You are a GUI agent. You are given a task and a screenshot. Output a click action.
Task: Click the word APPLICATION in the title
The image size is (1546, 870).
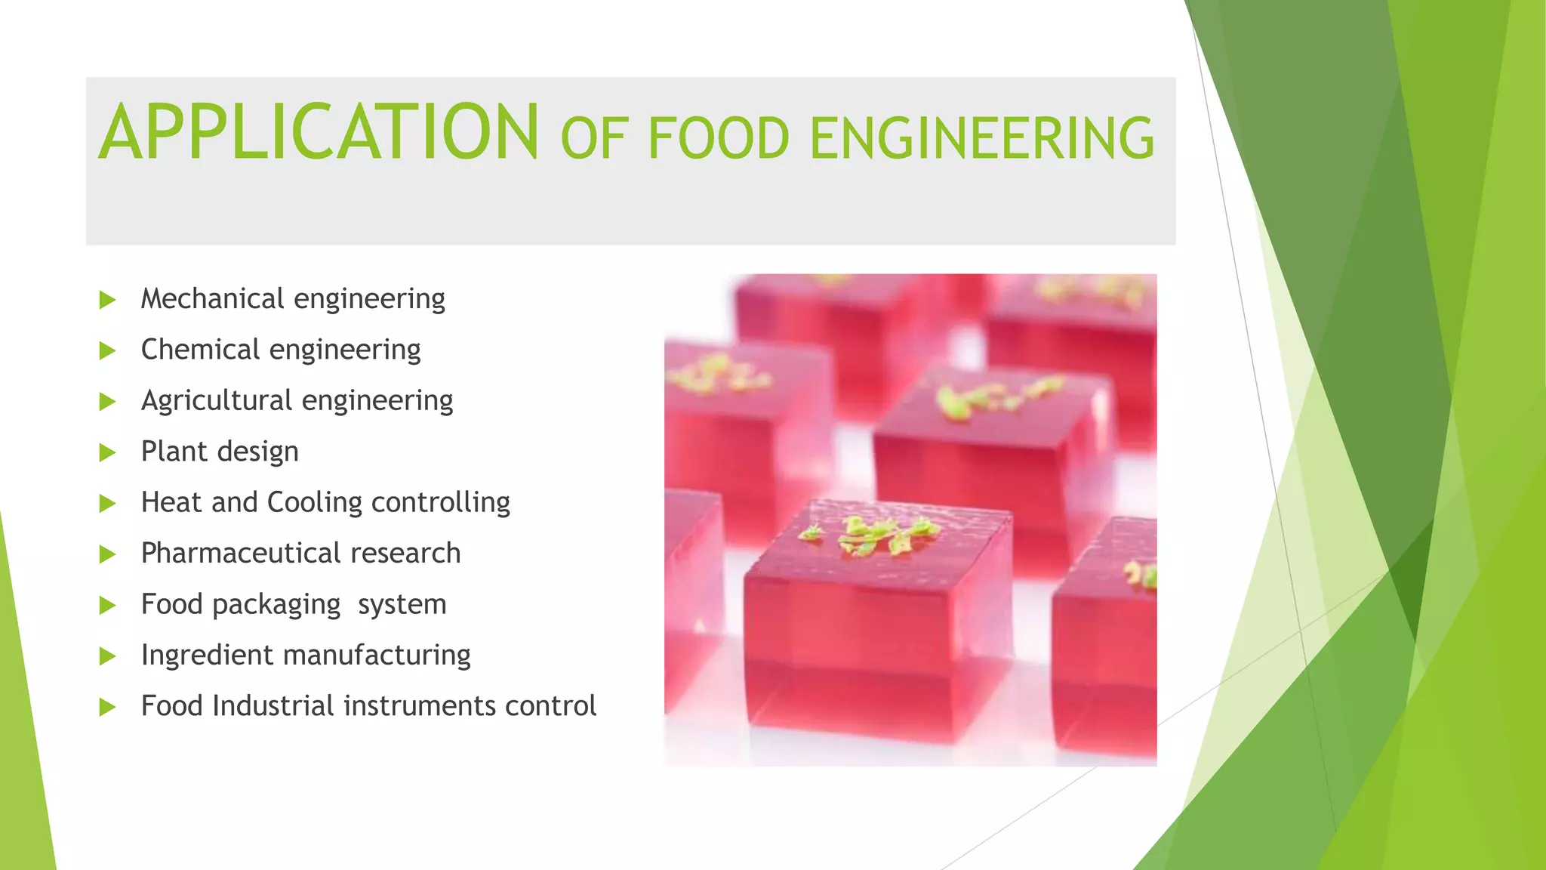pos(319,133)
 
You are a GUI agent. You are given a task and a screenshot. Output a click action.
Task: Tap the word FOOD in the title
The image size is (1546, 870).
pos(718,139)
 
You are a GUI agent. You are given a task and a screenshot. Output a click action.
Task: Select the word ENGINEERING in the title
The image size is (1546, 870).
pos(981,139)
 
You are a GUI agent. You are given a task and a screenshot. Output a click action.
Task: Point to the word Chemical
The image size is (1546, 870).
pos(200,350)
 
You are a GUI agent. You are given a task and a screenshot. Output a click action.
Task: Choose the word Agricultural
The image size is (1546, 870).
pos(216,400)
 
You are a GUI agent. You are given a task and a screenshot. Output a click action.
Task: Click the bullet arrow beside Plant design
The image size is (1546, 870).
pos(107,452)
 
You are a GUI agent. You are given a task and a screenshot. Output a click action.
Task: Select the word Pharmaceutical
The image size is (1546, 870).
pos(241,554)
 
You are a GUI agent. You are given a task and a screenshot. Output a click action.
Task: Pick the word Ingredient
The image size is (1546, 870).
pos(207,655)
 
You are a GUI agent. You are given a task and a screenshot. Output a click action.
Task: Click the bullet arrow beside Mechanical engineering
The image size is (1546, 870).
pos(107,300)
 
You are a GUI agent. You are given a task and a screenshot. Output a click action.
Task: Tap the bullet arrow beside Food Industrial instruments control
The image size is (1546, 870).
pos(107,707)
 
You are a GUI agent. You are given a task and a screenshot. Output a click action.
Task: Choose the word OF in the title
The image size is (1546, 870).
pos(594,139)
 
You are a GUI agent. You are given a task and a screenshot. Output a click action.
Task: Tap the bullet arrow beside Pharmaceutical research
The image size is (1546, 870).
pos(107,554)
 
